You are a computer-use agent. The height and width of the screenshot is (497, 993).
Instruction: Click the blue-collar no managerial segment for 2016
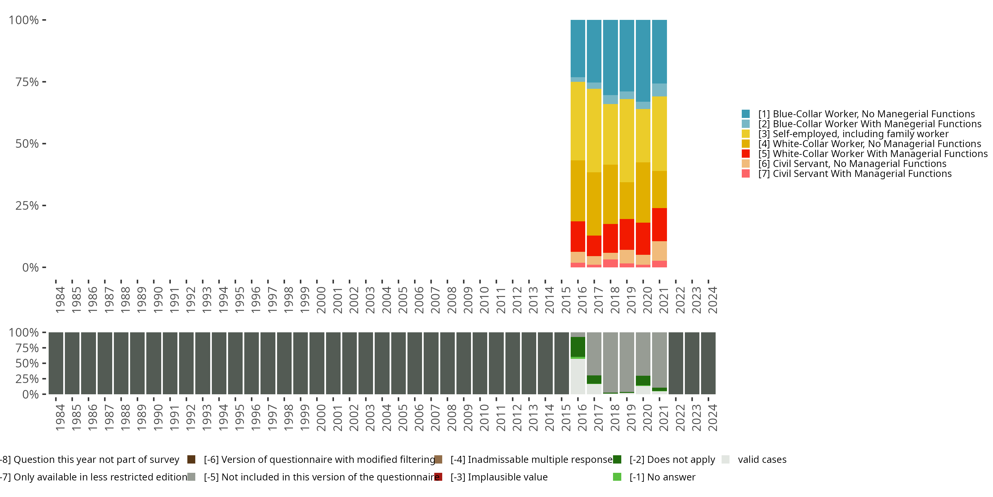(578, 49)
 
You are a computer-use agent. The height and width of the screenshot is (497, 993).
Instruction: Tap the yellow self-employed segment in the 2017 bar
(594, 131)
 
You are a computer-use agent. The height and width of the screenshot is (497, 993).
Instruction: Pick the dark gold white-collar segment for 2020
(643, 193)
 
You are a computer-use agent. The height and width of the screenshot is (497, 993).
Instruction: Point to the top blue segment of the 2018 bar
(610, 58)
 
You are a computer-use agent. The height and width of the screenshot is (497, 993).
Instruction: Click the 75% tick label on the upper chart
(27, 82)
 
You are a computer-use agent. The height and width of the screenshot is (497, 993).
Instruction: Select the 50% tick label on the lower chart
(27, 363)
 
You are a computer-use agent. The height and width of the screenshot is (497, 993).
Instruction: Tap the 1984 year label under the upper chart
(60, 300)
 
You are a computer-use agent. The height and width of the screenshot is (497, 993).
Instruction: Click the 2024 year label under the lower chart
(712, 417)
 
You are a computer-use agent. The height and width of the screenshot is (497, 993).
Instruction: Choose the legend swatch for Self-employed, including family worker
(745, 134)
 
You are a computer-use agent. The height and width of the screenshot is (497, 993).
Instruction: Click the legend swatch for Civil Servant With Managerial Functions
(745, 174)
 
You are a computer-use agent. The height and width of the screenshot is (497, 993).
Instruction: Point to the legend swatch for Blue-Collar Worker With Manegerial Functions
(745, 124)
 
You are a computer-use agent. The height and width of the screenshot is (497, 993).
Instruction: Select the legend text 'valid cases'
(762, 460)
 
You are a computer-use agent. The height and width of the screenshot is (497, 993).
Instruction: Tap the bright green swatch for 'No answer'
(617, 477)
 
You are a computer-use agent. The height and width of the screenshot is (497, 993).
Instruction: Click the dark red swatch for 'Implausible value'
(438, 477)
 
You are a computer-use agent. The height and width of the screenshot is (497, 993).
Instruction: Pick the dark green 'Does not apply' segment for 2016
(578, 347)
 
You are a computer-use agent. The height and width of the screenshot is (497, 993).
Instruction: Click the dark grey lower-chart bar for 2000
(316, 363)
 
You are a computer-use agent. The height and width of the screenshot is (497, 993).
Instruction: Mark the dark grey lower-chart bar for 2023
(692, 363)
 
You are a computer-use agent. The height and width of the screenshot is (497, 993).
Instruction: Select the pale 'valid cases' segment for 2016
(578, 376)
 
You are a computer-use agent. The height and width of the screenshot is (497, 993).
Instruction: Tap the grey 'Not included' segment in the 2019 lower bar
(627, 362)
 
